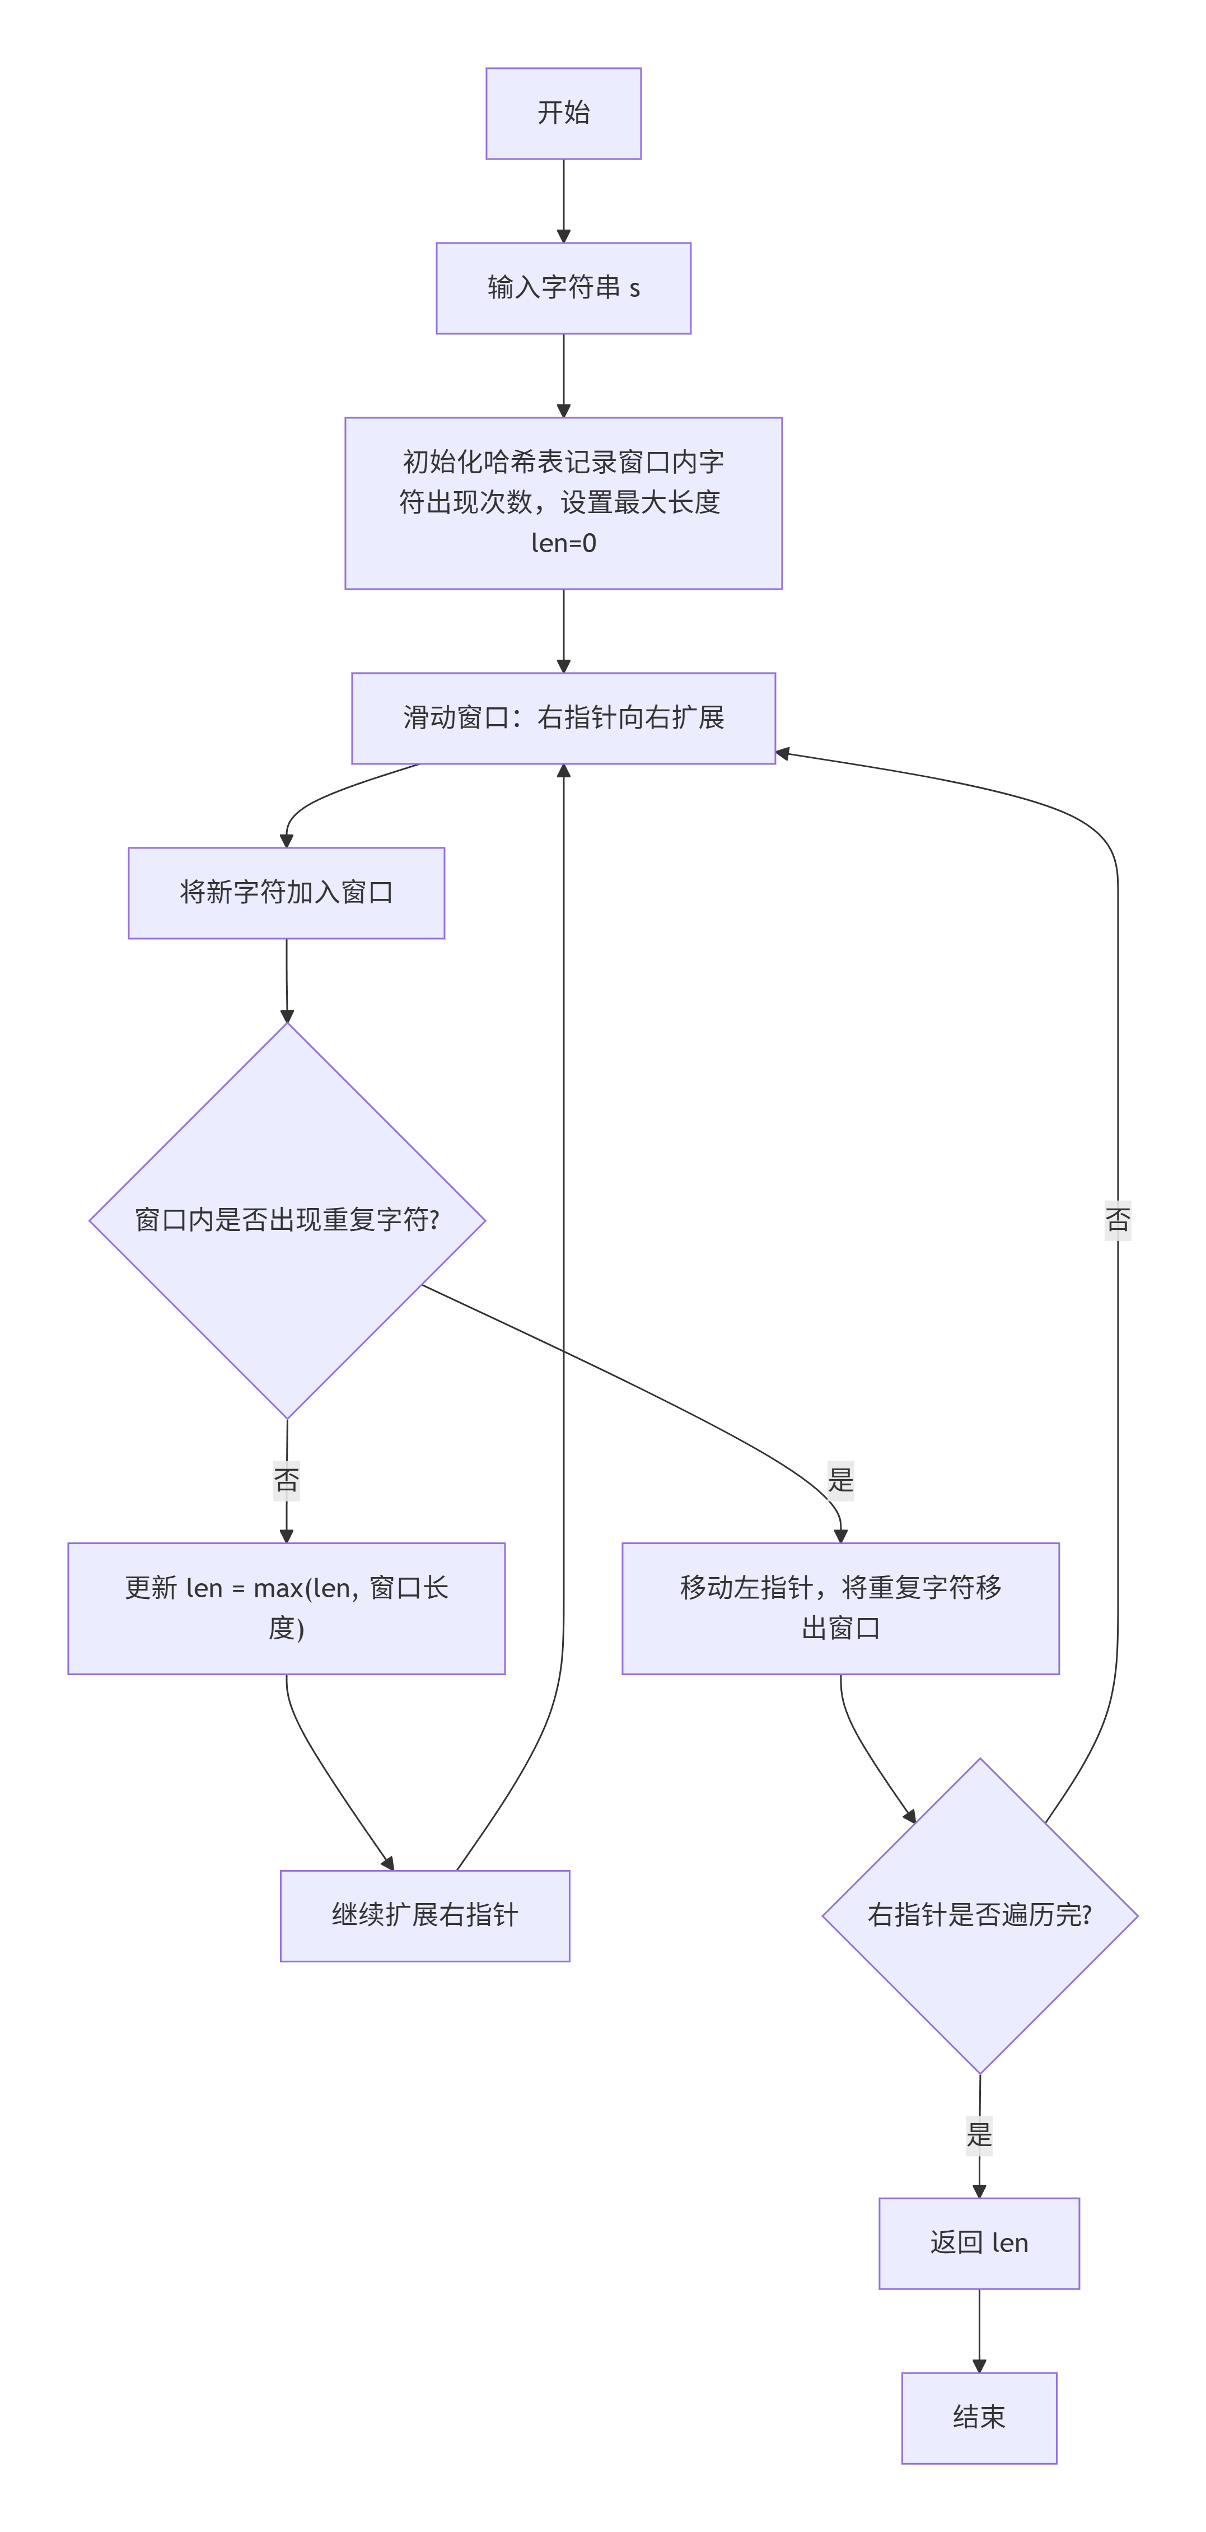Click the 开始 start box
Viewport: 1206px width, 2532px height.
tap(563, 113)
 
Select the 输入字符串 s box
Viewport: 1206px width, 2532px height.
tap(563, 288)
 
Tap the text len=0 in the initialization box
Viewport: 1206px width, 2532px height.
tap(563, 543)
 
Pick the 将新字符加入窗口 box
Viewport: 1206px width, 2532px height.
tap(286, 893)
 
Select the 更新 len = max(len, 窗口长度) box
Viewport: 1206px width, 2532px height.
tap(286, 1608)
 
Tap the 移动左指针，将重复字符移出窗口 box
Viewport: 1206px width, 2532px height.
tap(840, 1608)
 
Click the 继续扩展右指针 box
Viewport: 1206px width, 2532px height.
tap(424, 1916)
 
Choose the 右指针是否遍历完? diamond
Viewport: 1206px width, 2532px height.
tap(980, 1916)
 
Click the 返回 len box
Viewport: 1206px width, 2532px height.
tap(979, 2243)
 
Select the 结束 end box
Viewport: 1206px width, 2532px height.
tap(979, 2418)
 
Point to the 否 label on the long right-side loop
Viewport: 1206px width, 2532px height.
tap(1118, 1221)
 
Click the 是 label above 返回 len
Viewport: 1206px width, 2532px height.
tap(979, 2135)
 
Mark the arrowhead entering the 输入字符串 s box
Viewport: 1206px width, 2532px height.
tap(563, 236)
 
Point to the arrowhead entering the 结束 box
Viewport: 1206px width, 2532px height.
tap(979, 2366)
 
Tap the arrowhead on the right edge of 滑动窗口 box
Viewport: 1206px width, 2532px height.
tap(782, 754)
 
